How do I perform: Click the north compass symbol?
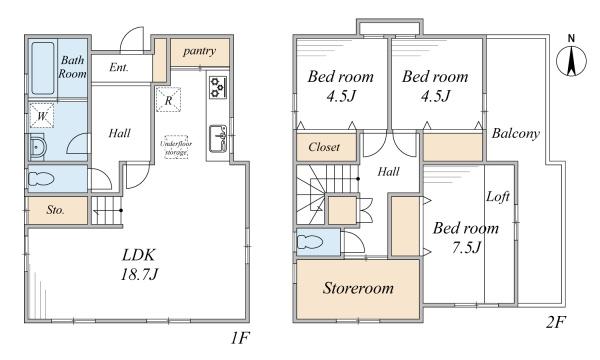[571, 60]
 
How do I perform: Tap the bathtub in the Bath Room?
[42, 68]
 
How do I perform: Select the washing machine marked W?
[42, 116]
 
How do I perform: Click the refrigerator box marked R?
[168, 99]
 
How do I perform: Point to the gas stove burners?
[218, 87]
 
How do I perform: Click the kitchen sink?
[218, 138]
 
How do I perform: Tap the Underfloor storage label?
[176, 147]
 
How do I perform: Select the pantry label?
[199, 51]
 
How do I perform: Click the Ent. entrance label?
[119, 68]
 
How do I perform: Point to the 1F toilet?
[42, 178]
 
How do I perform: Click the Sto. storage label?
[55, 210]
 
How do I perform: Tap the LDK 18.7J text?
[139, 264]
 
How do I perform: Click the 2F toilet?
[311, 242]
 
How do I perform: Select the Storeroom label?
[358, 288]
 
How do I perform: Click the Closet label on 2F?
[324, 147]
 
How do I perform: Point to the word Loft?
[498, 197]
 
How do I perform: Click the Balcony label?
[515, 133]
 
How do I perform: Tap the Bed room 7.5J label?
[466, 238]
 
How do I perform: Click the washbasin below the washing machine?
[37, 148]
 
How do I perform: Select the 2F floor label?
[555, 323]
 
